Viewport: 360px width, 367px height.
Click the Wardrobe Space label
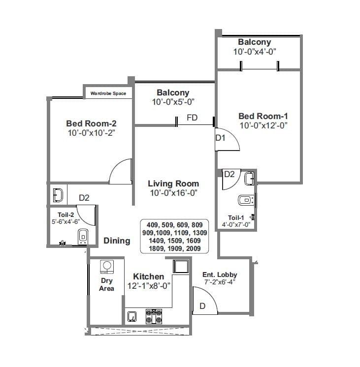tap(108, 93)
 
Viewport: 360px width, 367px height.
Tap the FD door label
tap(192, 118)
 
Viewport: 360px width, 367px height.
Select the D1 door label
tap(220, 138)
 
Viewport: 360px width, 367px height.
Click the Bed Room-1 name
tap(263, 116)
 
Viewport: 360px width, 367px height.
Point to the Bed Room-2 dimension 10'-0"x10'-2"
tap(91, 133)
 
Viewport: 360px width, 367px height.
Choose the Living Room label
tap(173, 183)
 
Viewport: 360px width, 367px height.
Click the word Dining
tap(117, 241)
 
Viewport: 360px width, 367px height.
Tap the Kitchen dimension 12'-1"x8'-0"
tap(148, 286)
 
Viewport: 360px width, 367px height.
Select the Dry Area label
tap(106, 284)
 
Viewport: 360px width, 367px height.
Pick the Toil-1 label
tap(236, 218)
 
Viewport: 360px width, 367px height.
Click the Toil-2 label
tap(65, 214)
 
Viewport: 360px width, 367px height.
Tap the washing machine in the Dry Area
tap(106, 266)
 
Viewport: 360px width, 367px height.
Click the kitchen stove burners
tap(154, 316)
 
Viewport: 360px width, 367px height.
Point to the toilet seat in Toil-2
tap(83, 236)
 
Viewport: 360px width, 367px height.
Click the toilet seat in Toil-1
tap(245, 200)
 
